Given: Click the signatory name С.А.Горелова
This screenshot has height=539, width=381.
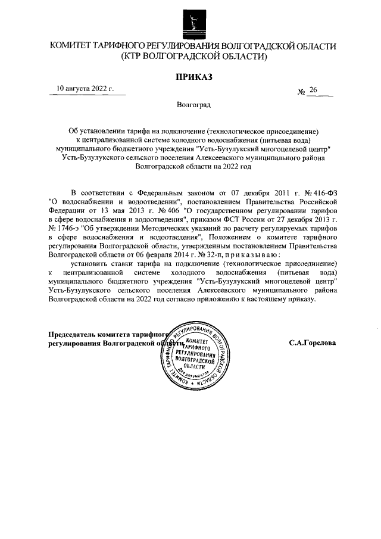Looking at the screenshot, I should click(312, 344).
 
